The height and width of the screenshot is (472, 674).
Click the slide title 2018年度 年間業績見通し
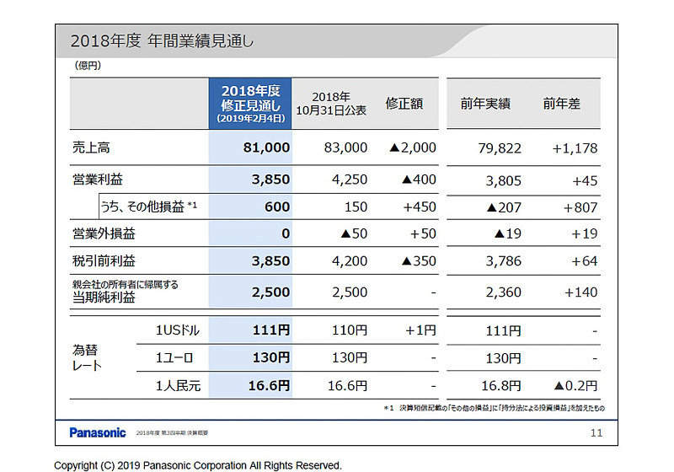click(162, 40)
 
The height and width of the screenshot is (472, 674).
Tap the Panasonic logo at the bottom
click(98, 432)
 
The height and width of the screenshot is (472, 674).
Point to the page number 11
click(596, 432)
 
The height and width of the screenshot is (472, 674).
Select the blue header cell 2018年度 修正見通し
click(250, 104)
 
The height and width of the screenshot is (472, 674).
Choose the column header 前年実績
click(485, 104)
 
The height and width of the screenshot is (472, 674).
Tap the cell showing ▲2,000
click(413, 147)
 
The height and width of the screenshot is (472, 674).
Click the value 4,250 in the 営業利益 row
click(350, 180)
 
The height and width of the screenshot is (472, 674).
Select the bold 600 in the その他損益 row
click(277, 207)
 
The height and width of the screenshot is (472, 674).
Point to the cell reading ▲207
click(504, 207)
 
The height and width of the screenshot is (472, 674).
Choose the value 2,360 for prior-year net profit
click(504, 292)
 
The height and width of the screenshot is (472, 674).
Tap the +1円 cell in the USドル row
click(420, 330)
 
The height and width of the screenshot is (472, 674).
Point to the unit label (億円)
click(88, 65)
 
